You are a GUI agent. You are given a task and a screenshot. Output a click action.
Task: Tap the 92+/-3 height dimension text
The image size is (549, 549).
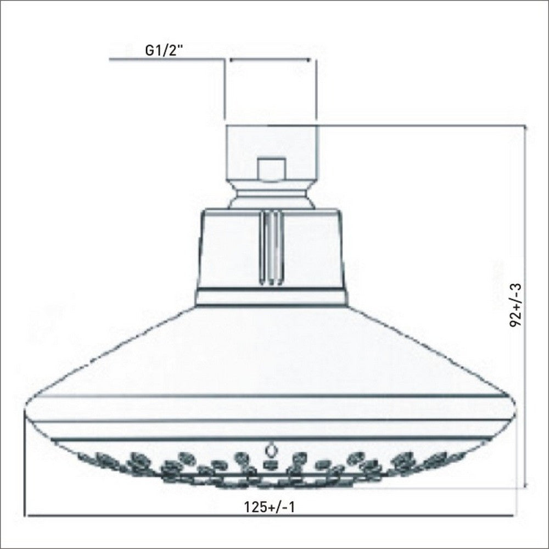(516, 306)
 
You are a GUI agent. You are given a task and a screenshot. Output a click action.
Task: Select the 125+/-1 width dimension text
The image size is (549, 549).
(270, 507)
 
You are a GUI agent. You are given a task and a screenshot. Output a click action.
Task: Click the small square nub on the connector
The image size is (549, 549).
(272, 169)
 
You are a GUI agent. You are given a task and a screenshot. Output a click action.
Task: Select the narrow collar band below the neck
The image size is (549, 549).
(272, 298)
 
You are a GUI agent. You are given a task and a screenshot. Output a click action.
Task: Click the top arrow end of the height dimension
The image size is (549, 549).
(526, 127)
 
